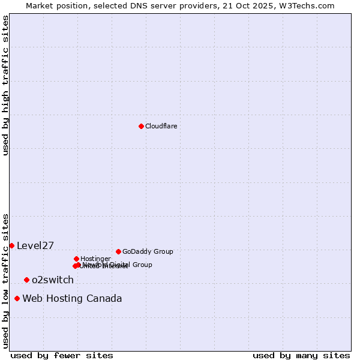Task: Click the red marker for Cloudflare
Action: click(x=141, y=126)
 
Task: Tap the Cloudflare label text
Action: click(x=161, y=126)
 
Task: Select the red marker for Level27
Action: click(x=11, y=245)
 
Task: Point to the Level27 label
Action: click(x=35, y=245)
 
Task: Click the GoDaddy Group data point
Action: click(x=118, y=251)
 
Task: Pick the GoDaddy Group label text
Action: click(x=148, y=251)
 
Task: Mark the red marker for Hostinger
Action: click(x=76, y=259)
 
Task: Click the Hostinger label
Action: click(x=95, y=259)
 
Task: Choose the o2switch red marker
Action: click(x=26, y=280)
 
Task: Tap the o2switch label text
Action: click(x=53, y=280)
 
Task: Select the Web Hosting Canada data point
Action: click(x=17, y=298)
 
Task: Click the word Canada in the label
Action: click(x=104, y=298)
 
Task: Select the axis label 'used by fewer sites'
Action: click(x=62, y=355)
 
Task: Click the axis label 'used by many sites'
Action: click(x=301, y=355)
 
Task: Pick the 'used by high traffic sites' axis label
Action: click(x=5, y=85)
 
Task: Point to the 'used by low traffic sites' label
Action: click(x=5, y=280)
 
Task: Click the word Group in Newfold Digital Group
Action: click(x=142, y=265)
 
